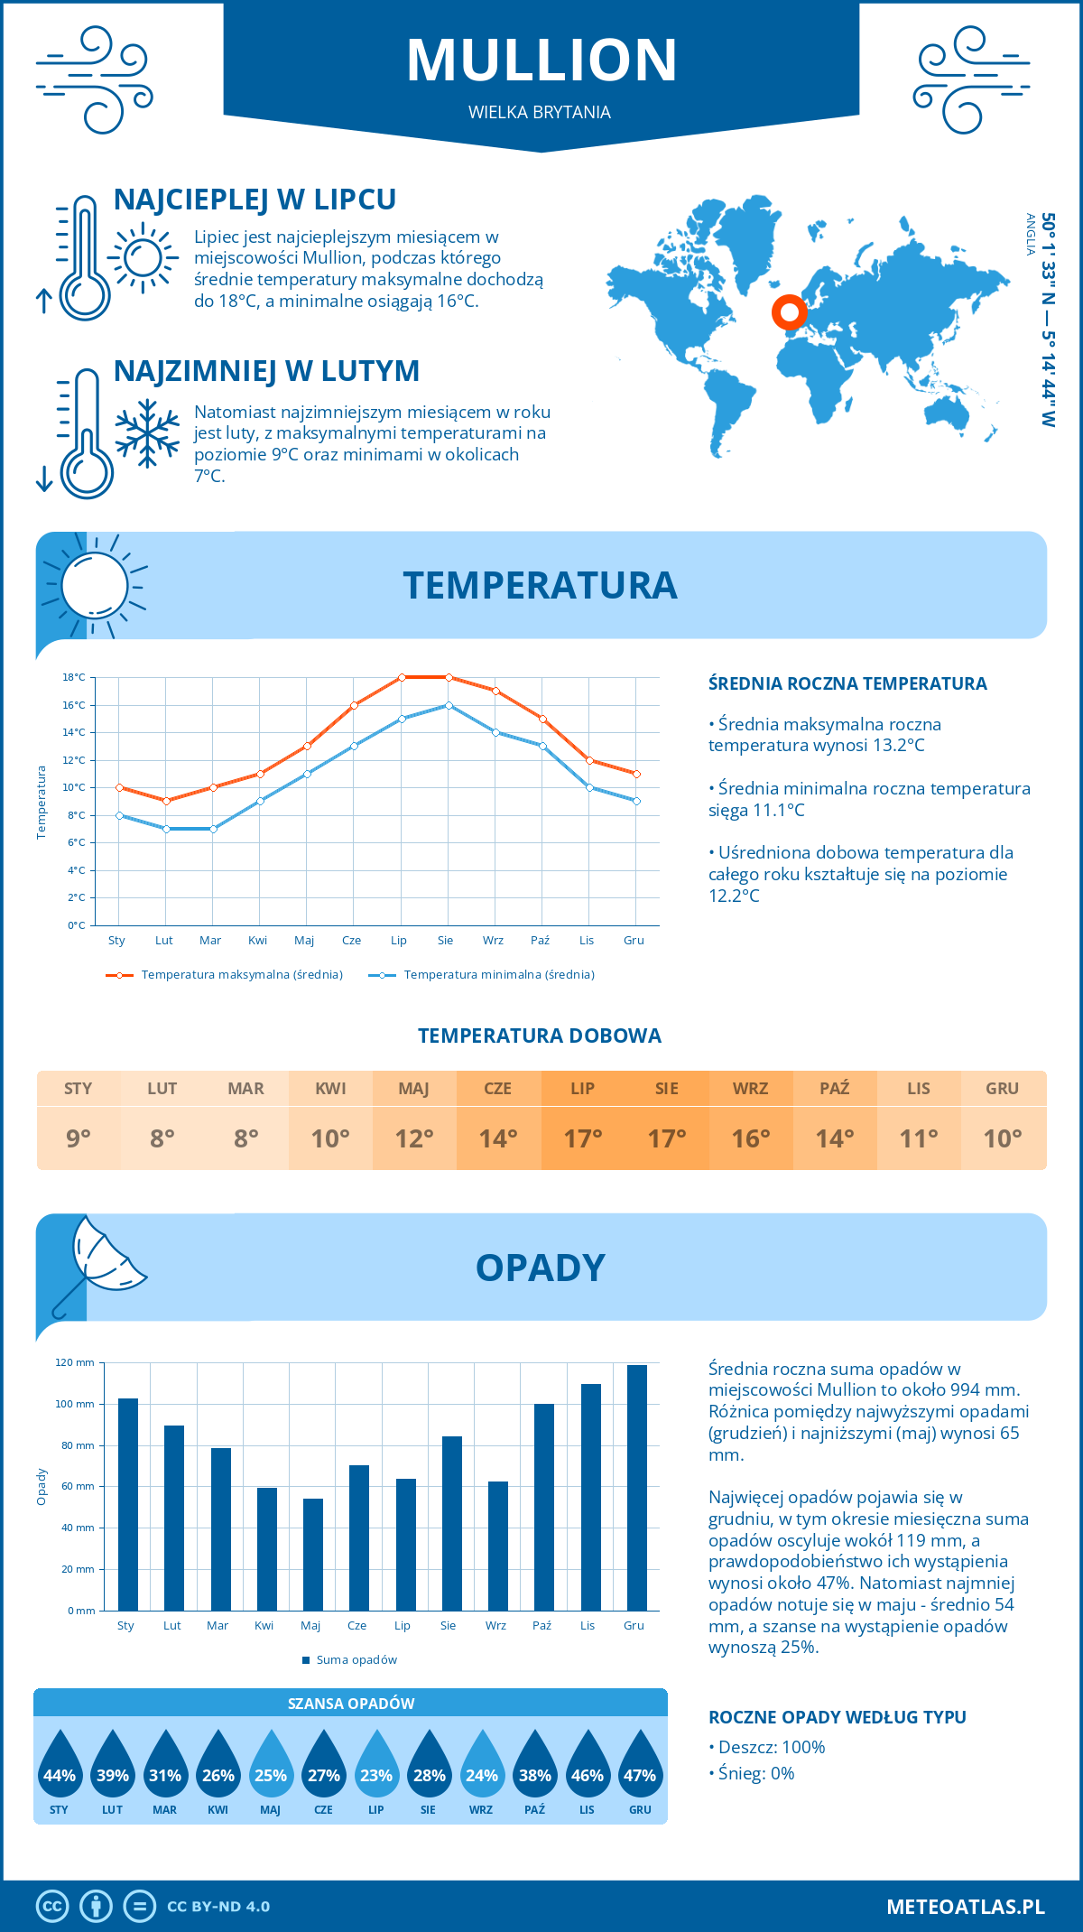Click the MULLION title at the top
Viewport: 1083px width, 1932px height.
[541, 60]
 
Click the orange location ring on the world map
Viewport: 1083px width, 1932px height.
[789, 312]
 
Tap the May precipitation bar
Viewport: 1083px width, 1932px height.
[312, 1554]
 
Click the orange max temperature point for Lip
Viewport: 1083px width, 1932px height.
[402, 677]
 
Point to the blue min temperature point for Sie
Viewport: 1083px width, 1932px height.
[449, 705]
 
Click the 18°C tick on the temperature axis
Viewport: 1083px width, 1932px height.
[74, 677]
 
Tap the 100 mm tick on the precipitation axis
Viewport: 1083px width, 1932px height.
[75, 1404]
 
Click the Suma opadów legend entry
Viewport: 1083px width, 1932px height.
[356, 1659]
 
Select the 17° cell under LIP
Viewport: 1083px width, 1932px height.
[582, 1138]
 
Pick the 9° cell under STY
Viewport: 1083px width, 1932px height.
[79, 1138]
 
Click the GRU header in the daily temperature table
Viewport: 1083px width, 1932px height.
[1002, 1089]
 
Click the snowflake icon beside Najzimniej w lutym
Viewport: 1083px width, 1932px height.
[147, 433]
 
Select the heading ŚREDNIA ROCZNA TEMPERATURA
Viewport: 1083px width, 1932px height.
[847, 683]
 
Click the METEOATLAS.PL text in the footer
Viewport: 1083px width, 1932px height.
[965, 1907]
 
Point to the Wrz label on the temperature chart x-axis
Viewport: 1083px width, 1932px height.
[493, 940]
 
